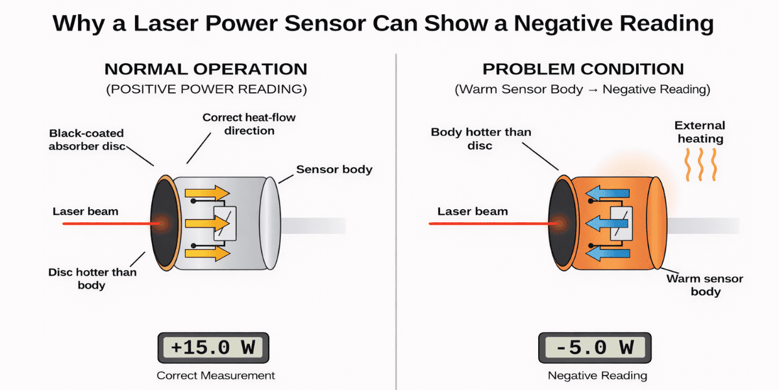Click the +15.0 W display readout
[212, 348]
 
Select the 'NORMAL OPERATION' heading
[206, 70]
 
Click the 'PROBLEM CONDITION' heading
[582, 70]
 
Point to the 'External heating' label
[699, 132]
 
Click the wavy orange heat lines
[702, 164]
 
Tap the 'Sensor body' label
[334, 170]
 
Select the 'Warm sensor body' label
[705, 285]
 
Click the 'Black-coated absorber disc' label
[88, 140]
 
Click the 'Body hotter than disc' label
[480, 138]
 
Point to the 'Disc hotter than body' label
[92, 278]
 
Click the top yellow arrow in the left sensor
[207, 193]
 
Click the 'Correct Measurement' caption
[216, 376]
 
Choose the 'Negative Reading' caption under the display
[597, 376]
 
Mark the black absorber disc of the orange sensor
[561, 223]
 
